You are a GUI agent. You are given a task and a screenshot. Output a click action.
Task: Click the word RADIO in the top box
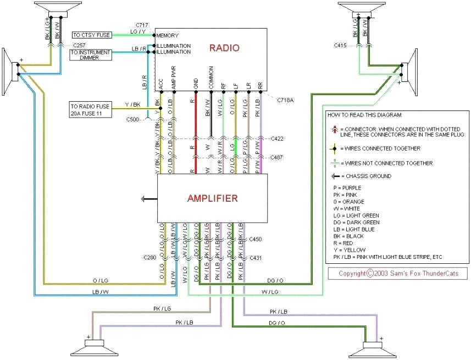coord(224,48)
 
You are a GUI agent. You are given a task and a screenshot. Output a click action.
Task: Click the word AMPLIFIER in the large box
coord(212,198)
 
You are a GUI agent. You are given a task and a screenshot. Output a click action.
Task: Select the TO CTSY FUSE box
coord(91,35)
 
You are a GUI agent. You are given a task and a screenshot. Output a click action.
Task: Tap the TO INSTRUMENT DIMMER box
coord(91,55)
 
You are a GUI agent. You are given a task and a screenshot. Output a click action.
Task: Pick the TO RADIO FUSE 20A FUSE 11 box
coord(91,109)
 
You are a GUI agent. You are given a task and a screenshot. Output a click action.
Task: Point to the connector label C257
coord(80,45)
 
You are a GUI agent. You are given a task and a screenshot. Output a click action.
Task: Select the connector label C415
coord(340,46)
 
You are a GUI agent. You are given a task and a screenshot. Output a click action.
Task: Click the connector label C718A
coord(285,100)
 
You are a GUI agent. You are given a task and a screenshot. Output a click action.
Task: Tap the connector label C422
coord(277,139)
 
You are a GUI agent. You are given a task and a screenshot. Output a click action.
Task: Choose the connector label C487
coord(277,157)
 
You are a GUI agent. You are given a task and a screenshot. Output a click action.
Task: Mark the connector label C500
coord(132,119)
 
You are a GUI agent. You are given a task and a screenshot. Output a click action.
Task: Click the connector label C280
coord(150,257)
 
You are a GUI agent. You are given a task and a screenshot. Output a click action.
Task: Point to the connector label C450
coord(256,239)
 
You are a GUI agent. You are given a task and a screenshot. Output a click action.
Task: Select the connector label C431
coord(256,257)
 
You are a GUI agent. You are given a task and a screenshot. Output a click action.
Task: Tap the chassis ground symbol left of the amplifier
coord(145,198)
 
